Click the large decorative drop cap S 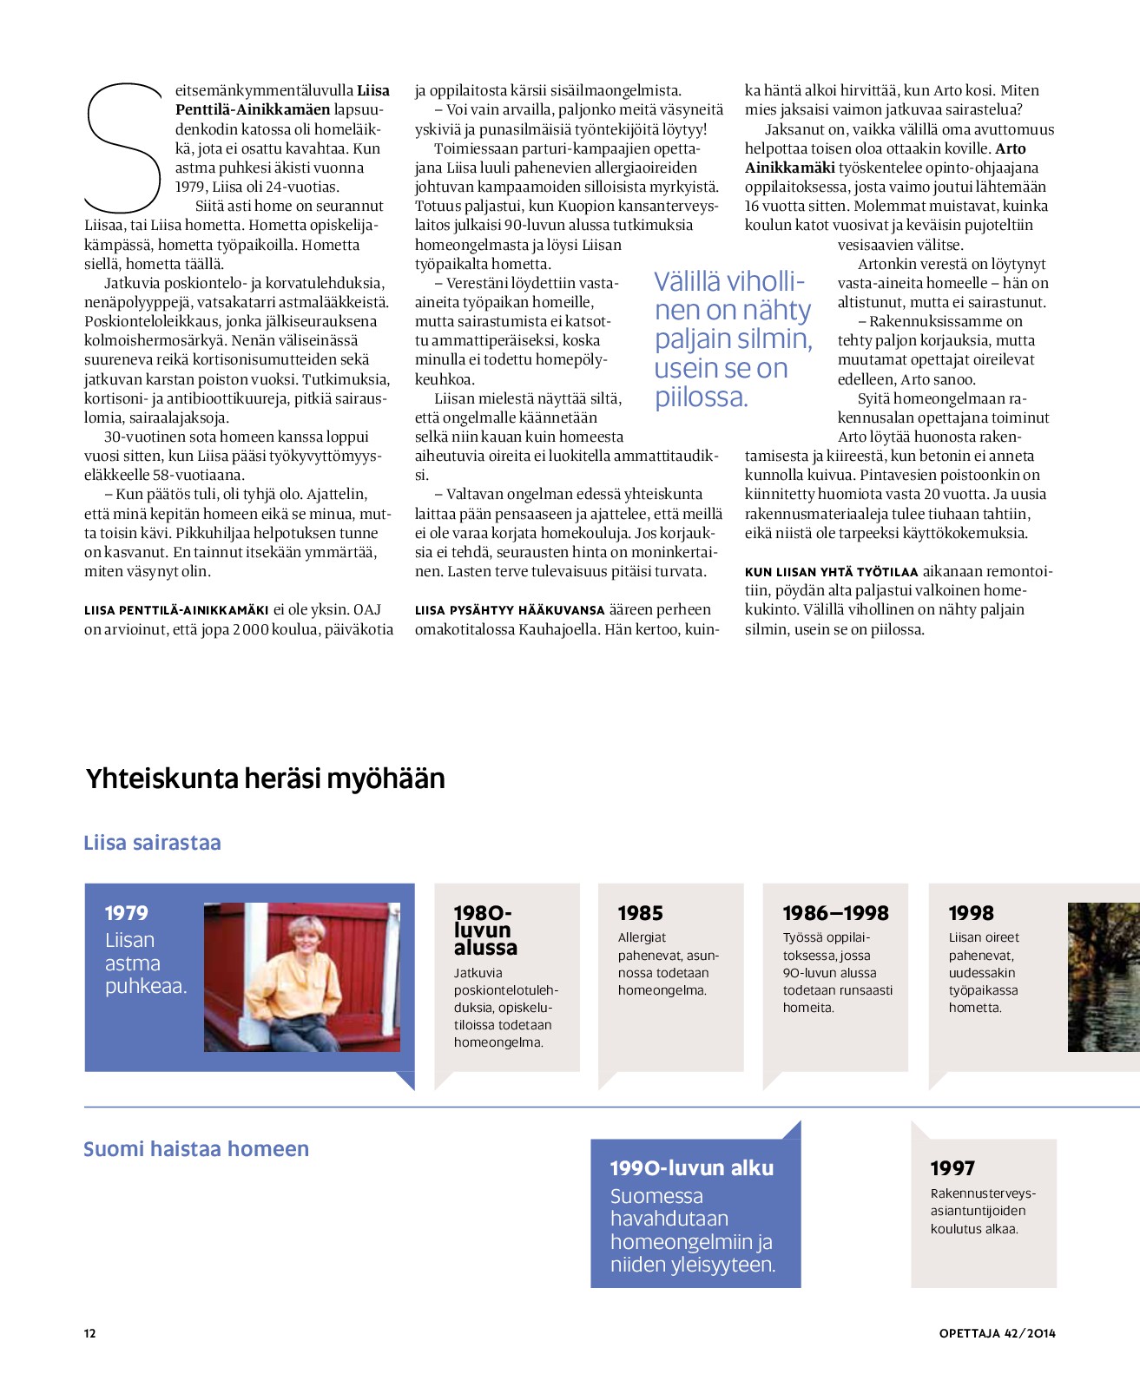pos(124,148)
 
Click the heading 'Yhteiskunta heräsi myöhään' pos(265,779)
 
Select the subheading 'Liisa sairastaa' pos(152,843)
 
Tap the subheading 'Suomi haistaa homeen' pos(196,1149)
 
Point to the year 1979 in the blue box pos(127,913)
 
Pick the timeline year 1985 pos(641,913)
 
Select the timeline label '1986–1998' pos(836,913)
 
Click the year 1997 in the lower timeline pos(952,1168)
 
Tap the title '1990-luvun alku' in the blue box pos(692,1168)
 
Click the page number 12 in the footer pos(90,1333)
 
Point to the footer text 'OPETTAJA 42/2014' pos(998,1333)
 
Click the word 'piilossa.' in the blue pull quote pos(701,398)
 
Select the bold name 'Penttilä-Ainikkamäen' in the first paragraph pos(253,109)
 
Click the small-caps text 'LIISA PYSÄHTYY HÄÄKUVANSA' pos(510,610)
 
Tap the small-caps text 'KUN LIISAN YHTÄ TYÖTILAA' pos(831,572)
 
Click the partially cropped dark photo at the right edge pos(1104,977)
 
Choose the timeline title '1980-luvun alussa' pos(485,930)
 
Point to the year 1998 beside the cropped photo pos(972,913)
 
